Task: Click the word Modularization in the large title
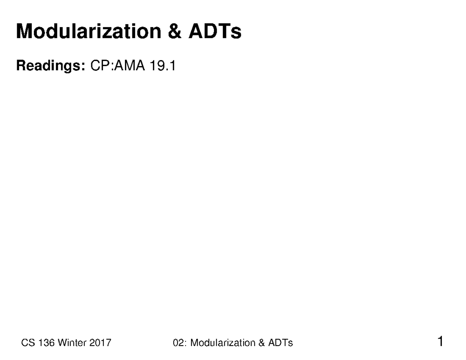pos(88,31)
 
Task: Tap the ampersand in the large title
pos(175,31)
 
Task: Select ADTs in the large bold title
pos(215,31)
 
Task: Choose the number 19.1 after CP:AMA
pos(163,66)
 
